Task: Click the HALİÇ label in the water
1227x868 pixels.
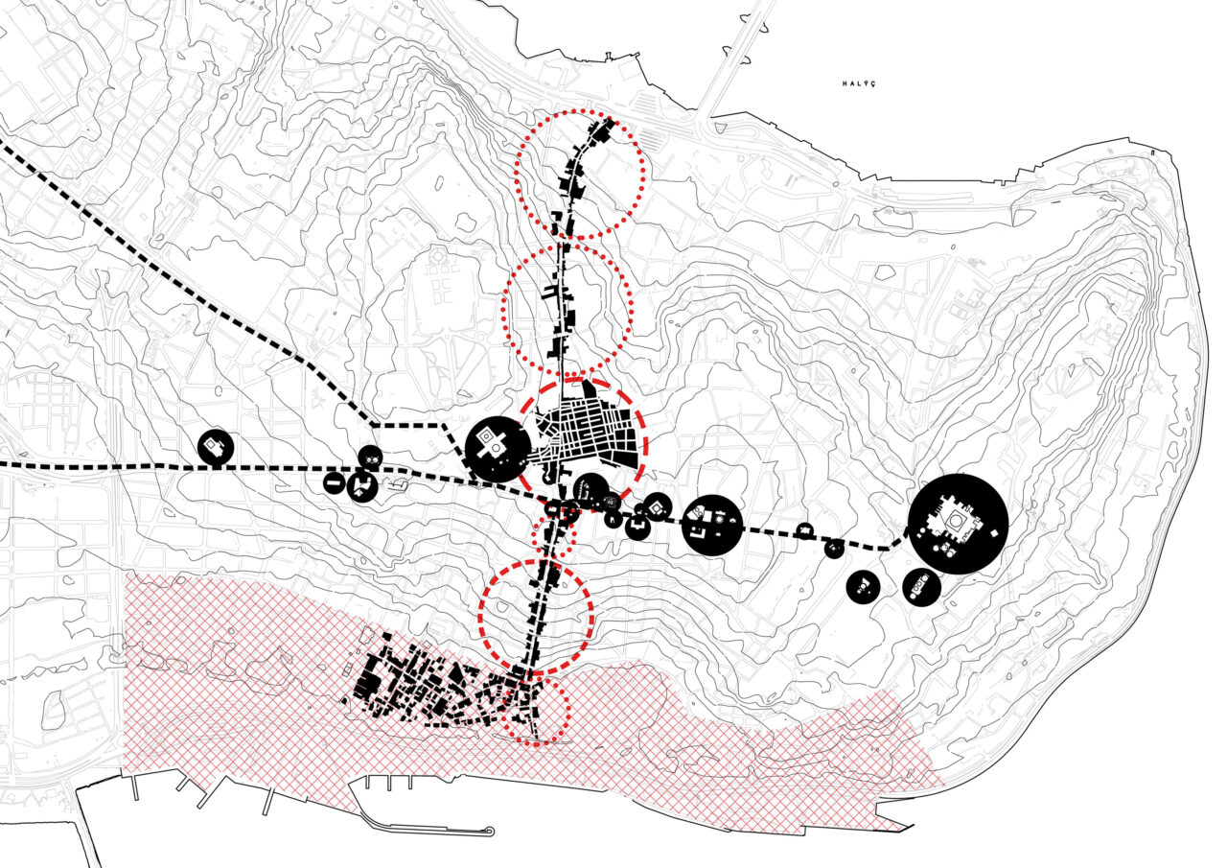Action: (x=859, y=83)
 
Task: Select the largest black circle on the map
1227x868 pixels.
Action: (x=958, y=524)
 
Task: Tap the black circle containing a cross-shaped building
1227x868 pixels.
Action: (x=498, y=449)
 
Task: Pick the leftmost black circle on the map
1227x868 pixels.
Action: (x=216, y=448)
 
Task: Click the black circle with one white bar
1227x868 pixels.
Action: (x=334, y=483)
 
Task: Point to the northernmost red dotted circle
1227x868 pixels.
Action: (x=580, y=175)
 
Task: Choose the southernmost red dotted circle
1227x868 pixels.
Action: (x=536, y=712)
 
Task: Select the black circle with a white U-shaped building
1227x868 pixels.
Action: (x=637, y=527)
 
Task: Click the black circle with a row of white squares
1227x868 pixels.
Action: (x=922, y=587)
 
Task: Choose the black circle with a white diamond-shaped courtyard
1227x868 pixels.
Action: (x=657, y=507)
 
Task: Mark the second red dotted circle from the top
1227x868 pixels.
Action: (x=567, y=305)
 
